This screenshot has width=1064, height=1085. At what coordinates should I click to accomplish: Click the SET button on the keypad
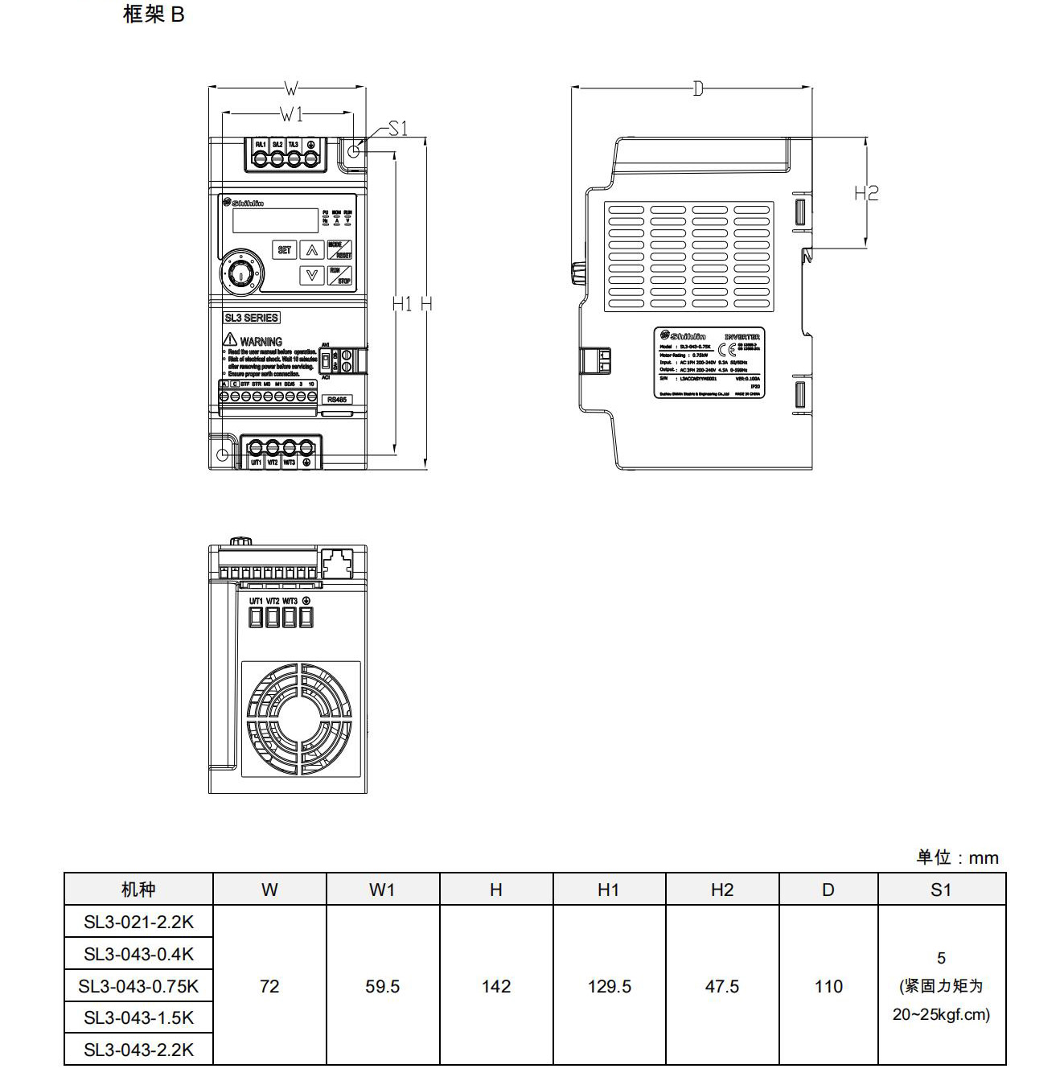pyautogui.click(x=285, y=250)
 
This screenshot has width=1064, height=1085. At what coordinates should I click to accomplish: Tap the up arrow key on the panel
pyautogui.click(x=312, y=250)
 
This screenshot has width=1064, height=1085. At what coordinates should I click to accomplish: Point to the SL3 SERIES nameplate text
pyautogui.click(x=251, y=318)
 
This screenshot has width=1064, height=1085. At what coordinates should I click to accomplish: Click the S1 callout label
pyautogui.click(x=398, y=129)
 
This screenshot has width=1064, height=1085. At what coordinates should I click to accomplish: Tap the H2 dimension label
pyautogui.click(x=866, y=193)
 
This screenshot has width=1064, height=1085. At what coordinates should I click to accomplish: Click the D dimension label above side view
pyautogui.click(x=697, y=88)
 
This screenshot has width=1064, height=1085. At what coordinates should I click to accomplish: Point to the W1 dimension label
pyautogui.click(x=291, y=113)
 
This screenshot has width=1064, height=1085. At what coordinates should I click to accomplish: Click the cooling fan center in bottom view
pyautogui.click(x=301, y=719)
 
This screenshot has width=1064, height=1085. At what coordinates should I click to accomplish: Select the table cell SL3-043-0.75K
pyautogui.click(x=138, y=986)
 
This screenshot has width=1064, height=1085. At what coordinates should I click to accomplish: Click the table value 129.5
pyautogui.click(x=609, y=986)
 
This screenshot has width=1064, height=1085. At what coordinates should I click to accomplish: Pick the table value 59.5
pyautogui.click(x=382, y=986)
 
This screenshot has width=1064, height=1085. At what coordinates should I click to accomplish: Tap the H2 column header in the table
pyautogui.click(x=721, y=890)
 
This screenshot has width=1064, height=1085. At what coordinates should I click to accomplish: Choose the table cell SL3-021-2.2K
pyautogui.click(x=138, y=922)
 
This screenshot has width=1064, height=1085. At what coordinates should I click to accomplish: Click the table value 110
pyautogui.click(x=828, y=986)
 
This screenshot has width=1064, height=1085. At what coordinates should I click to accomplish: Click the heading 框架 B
pyautogui.click(x=154, y=14)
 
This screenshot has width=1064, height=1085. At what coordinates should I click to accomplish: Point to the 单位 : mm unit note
pyautogui.click(x=957, y=857)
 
